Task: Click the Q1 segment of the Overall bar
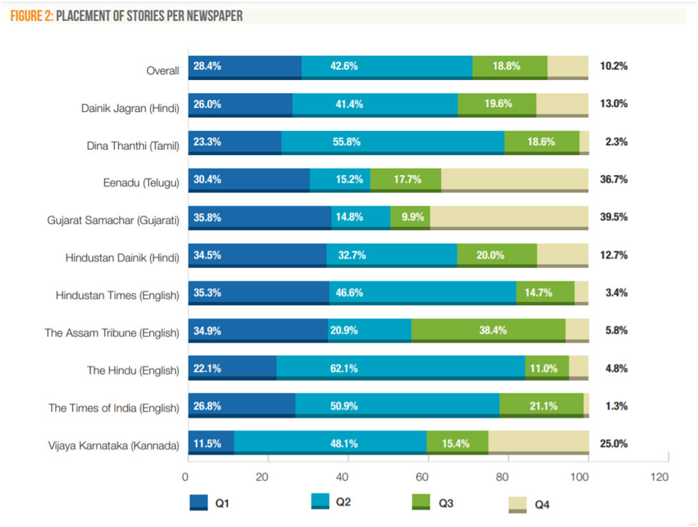tap(245, 66)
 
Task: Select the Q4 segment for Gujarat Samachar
tap(509, 217)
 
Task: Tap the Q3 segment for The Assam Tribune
tap(488, 330)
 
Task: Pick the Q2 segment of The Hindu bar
tap(400, 368)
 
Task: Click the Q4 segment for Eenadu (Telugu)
tap(515, 179)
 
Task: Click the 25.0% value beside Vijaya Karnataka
tap(614, 444)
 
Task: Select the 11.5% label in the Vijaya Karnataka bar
tap(207, 443)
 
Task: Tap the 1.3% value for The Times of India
tap(615, 406)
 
